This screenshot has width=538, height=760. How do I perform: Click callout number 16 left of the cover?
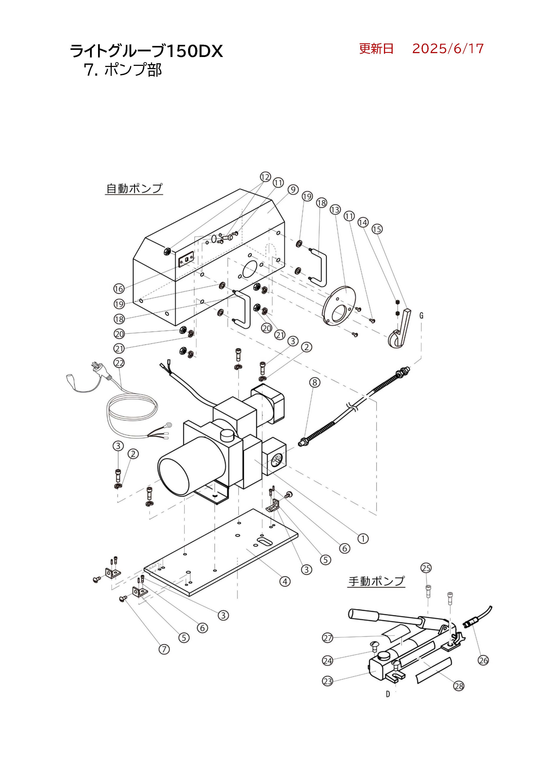click(119, 289)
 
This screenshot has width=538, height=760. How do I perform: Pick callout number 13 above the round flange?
click(335, 210)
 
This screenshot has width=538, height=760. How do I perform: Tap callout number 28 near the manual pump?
click(459, 686)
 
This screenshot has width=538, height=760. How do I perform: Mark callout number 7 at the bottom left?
click(164, 649)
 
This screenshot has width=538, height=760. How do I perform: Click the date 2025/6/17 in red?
click(448, 49)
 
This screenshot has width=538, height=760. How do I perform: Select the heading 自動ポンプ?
click(134, 188)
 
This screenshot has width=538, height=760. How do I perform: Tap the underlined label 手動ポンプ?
click(377, 581)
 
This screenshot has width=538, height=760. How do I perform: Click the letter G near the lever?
click(421, 316)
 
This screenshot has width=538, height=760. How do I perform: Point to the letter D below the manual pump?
click(388, 694)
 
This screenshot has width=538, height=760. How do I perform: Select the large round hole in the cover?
click(250, 269)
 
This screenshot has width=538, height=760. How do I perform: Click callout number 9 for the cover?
click(293, 190)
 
